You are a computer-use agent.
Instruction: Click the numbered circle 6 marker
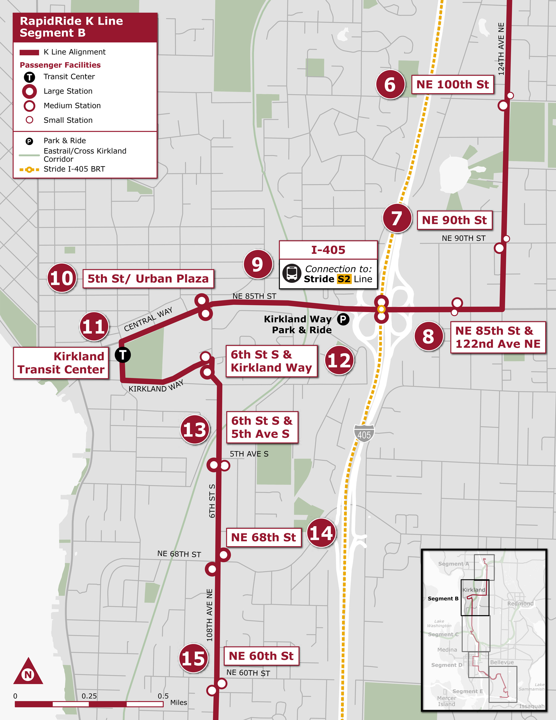[x=390, y=84]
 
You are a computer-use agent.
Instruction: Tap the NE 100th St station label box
[x=453, y=84]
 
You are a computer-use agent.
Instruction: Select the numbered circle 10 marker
[x=62, y=278]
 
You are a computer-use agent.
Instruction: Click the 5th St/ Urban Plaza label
[x=148, y=279]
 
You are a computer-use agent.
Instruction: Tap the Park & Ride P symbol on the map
[x=343, y=319]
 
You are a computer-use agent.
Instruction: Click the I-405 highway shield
[x=364, y=433]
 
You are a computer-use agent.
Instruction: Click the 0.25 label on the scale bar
[x=89, y=696]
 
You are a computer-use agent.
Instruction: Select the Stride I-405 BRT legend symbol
[x=29, y=169]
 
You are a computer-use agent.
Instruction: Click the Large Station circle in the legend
[x=29, y=91]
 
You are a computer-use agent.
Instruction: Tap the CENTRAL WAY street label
[x=148, y=319]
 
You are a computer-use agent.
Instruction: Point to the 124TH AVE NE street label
[x=501, y=49]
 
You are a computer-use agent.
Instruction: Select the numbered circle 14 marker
[x=321, y=533]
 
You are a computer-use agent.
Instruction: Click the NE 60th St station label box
[x=261, y=656]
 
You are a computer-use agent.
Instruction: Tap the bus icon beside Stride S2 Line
[x=292, y=273]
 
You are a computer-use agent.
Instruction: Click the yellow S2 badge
[x=344, y=279]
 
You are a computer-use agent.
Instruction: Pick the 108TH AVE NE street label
[x=209, y=615]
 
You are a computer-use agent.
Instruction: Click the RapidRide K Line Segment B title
[x=71, y=27]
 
